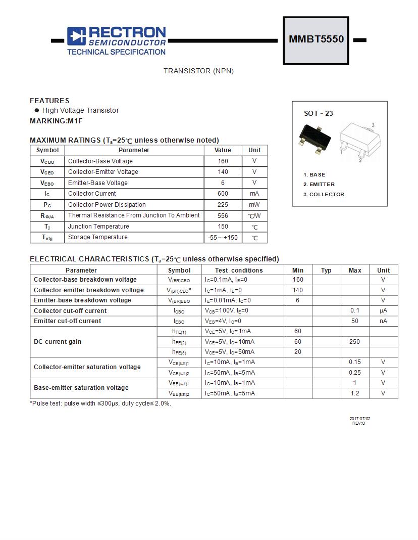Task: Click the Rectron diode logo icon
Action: (x=77, y=36)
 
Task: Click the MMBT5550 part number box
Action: (x=316, y=40)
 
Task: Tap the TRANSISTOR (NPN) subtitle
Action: (x=198, y=71)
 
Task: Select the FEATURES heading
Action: (x=49, y=101)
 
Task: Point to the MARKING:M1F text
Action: (x=56, y=121)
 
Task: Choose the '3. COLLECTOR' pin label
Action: (x=324, y=194)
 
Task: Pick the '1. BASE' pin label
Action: (x=315, y=174)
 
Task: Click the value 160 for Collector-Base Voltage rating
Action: (x=223, y=161)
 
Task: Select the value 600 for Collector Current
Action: (x=223, y=194)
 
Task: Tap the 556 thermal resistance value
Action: (x=223, y=215)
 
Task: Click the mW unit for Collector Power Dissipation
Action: (x=254, y=205)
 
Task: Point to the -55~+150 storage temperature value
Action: (x=223, y=238)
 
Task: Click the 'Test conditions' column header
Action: (x=239, y=271)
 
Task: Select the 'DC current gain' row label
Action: (x=58, y=342)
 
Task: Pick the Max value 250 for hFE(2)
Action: (x=354, y=342)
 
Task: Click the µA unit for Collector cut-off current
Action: (x=383, y=310)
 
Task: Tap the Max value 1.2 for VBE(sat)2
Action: (x=354, y=393)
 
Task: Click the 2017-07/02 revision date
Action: (x=360, y=419)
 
